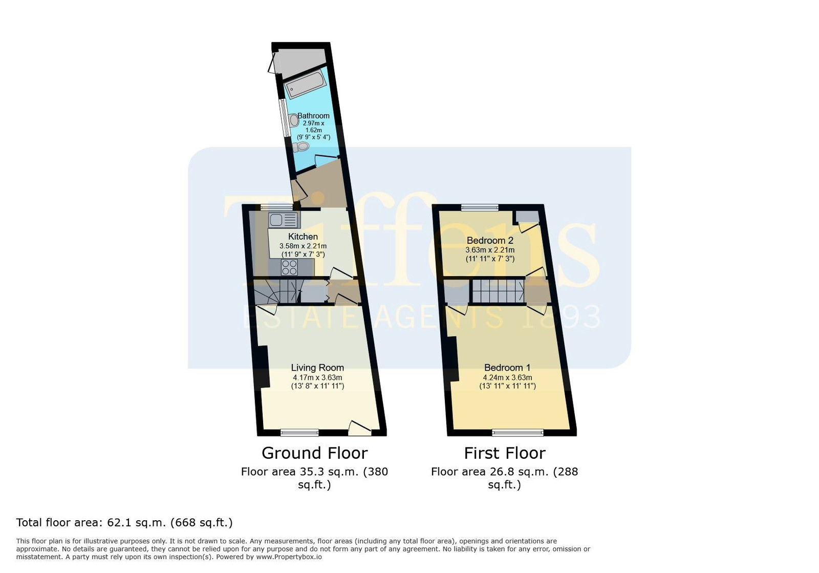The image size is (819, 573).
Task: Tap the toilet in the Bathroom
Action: (301, 147)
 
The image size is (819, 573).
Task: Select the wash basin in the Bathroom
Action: (294, 120)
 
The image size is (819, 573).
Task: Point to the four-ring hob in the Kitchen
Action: (289, 267)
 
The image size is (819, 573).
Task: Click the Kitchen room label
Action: (303, 237)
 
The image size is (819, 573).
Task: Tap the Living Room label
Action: (317, 368)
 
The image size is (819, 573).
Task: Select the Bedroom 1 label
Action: (507, 368)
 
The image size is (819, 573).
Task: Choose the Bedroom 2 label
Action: (490, 240)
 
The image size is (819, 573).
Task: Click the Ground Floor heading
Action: (314, 453)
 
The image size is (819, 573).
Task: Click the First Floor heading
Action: (505, 453)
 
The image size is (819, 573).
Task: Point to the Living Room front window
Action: (299, 433)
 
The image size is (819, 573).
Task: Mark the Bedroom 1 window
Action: (518, 433)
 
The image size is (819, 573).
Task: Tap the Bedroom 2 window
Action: (480, 208)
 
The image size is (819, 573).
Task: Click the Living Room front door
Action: (360, 429)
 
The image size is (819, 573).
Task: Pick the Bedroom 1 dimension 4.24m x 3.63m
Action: (507, 377)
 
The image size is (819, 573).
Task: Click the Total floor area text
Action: (124, 522)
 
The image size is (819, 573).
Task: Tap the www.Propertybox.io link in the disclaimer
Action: (289, 557)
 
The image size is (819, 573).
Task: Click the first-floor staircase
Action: (498, 291)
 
